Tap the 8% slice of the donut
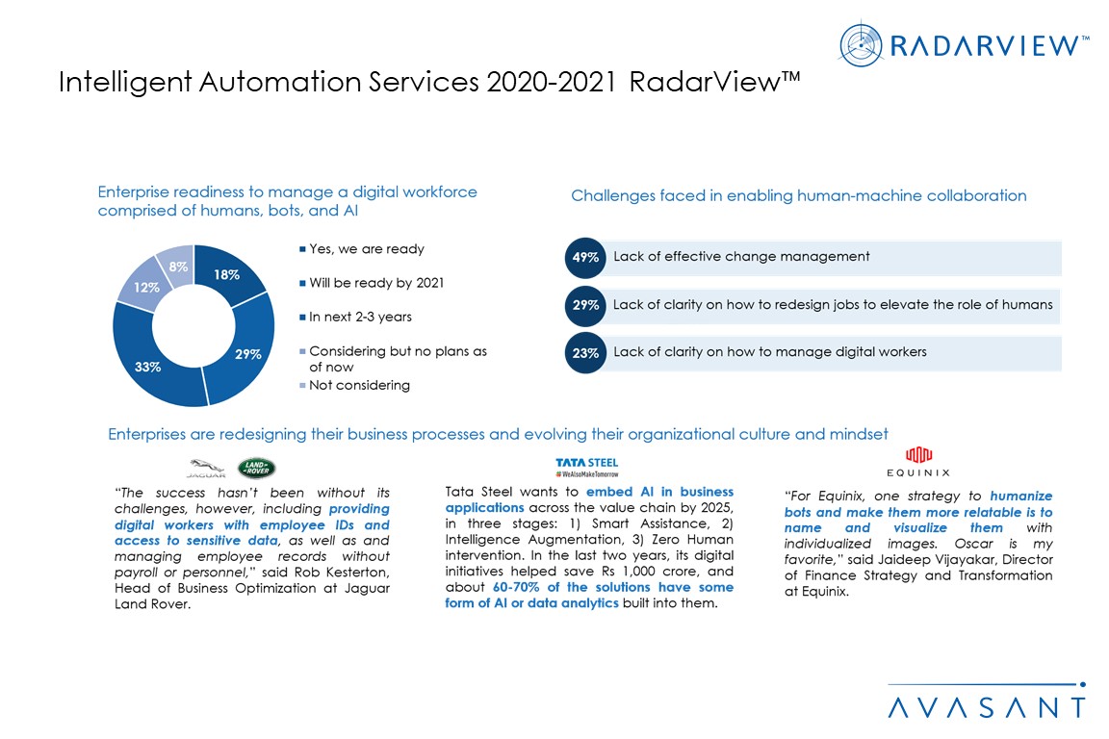point(180,263)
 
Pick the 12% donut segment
point(145,286)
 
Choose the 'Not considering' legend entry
point(359,385)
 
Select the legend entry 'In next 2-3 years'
point(359,317)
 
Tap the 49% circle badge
point(585,257)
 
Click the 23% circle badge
point(585,353)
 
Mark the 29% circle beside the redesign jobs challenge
point(585,305)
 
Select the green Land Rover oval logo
point(257,468)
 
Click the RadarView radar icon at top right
point(862,45)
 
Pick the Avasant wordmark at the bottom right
point(986,707)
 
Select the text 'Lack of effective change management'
point(741,257)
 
